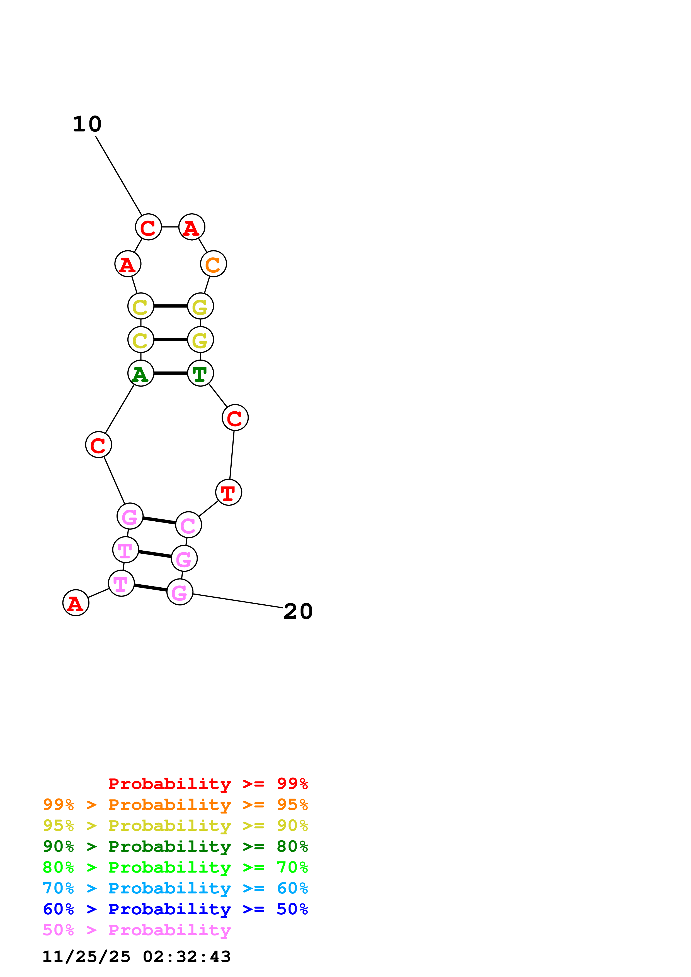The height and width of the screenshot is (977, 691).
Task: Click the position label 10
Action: click(87, 124)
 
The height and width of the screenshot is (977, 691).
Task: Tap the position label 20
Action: click(298, 612)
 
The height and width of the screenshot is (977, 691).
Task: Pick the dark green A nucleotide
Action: click(140, 373)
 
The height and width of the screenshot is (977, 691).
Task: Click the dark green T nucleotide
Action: click(200, 373)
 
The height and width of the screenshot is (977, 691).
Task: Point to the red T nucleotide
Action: click(229, 492)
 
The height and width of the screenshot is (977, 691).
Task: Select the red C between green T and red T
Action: click(235, 417)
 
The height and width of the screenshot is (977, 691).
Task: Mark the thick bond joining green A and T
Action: click(170, 373)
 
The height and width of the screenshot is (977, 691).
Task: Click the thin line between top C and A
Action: click(170, 227)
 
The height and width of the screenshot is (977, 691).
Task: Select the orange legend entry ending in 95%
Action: click(175, 804)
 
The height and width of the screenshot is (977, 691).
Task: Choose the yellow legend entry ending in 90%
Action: click(175, 825)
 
